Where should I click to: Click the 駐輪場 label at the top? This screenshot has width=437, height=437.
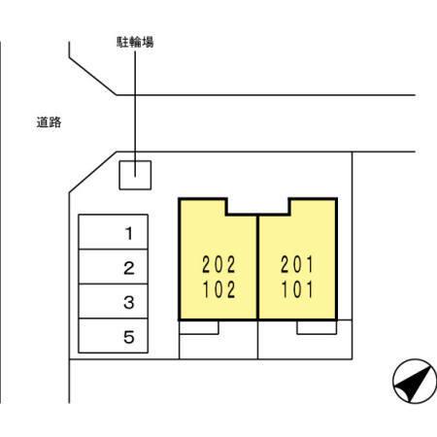point(135,42)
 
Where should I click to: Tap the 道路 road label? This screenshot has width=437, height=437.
point(49,122)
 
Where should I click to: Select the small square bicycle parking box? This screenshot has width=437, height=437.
point(135,175)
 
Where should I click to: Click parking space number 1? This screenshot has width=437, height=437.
point(114,232)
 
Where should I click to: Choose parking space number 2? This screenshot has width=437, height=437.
point(114,267)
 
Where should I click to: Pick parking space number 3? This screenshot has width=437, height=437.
point(114,301)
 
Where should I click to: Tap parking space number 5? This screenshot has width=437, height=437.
point(114,336)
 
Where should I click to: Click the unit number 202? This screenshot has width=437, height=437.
point(218,264)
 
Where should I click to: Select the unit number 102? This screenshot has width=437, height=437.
point(218,289)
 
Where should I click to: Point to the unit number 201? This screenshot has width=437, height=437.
point(297,264)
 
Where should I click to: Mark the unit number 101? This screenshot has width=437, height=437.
point(297,289)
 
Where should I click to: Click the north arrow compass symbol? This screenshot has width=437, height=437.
point(415,381)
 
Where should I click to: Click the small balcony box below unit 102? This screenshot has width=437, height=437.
point(199,327)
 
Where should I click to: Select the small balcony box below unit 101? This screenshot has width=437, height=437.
point(317,327)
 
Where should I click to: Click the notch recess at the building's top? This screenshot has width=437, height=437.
point(258,207)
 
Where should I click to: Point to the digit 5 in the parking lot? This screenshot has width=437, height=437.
point(129,337)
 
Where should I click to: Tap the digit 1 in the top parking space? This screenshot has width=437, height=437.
point(129,233)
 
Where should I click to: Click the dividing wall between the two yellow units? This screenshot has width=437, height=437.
point(258,267)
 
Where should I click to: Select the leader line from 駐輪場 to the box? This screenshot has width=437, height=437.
point(135,114)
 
